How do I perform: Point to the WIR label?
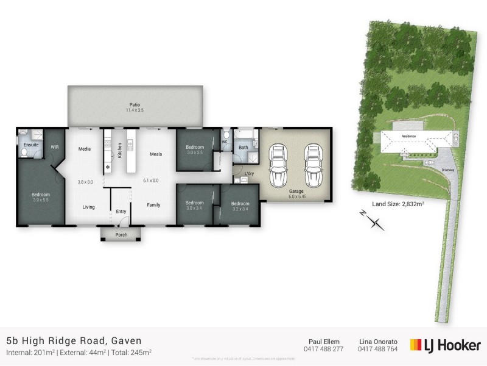coord(55,147)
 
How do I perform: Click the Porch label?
coord(121,234)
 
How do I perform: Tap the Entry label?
coord(121,212)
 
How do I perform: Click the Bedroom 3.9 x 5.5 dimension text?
coord(41,200)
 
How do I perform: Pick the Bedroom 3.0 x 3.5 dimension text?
coord(195,152)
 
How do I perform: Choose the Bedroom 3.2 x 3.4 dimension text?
coord(240,208)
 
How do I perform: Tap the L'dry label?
coord(248,174)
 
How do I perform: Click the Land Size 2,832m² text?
coord(393,204)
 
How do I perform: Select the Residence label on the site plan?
coord(408,138)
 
